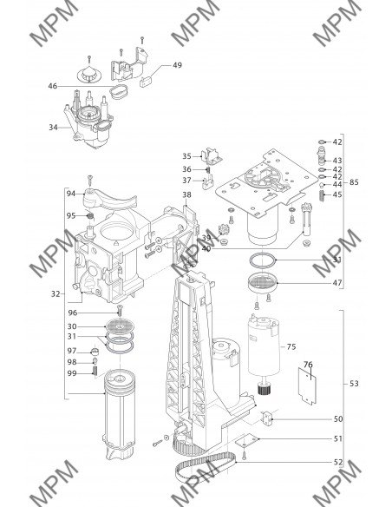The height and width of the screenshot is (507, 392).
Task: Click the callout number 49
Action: point(177,65)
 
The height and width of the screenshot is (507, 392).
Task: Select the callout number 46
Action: point(53,86)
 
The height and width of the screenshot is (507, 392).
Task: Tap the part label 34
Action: point(53,128)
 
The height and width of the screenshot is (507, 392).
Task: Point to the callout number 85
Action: point(354,182)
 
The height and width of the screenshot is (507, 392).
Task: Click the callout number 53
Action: point(354,384)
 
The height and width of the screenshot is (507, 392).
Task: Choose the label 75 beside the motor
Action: point(291,346)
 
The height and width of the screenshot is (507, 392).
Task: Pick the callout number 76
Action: point(308,365)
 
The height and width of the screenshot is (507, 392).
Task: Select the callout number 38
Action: point(186,194)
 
